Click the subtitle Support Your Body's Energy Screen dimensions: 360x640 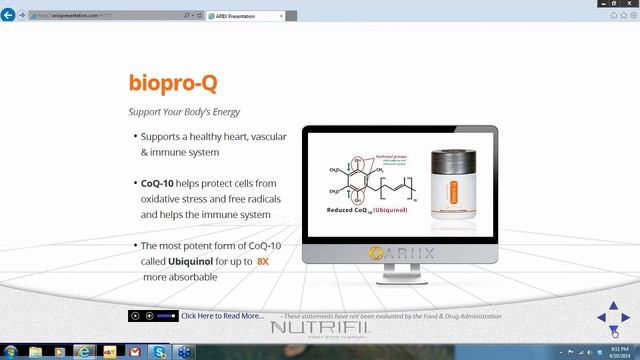tap(184, 111)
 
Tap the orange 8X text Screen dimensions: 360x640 tap(263, 260)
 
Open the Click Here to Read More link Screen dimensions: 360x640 tap(222, 316)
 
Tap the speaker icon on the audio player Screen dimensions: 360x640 tap(150, 316)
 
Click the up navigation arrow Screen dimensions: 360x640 tap(614, 306)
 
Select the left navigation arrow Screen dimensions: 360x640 tap(602, 318)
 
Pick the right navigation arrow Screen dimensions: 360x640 tap(626, 318)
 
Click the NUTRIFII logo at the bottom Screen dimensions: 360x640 tap(321, 328)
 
